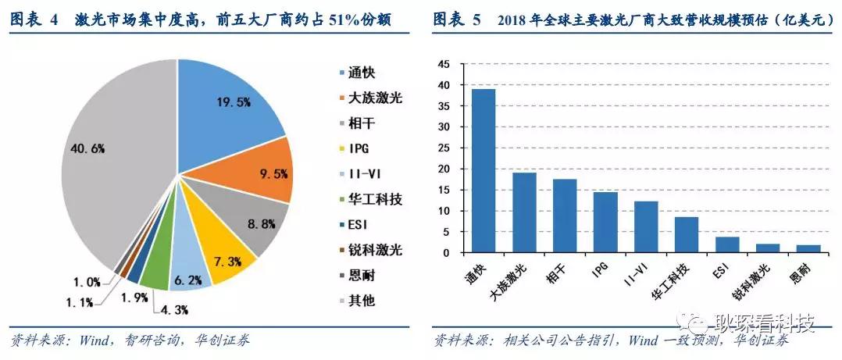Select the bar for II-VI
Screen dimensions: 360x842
(x=645, y=227)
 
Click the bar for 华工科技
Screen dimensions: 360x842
(x=686, y=235)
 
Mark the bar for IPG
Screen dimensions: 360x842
(x=605, y=223)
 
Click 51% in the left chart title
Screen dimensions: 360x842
(x=330, y=18)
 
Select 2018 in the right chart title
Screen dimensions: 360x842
(x=512, y=20)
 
